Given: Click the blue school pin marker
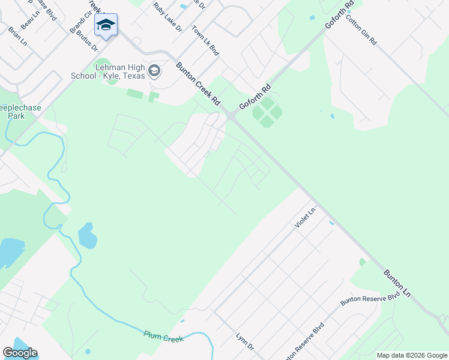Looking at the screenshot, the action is click(x=106, y=26).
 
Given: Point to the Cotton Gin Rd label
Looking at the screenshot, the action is click(x=361, y=29).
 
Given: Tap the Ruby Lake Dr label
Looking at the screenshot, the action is click(x=167, y=17).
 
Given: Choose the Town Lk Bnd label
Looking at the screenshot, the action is click(x=205, y=41).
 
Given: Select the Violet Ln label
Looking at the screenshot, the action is click(x=304, y=218).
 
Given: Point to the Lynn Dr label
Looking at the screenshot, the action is click(x=246, y=343).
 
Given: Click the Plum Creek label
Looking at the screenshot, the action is click(x=163, y=336).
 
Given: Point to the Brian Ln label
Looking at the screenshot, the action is click(x=17, y=36).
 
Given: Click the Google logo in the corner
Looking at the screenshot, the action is click(x=20, y=353).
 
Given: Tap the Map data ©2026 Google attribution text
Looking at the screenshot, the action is click(x=411, y=355).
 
